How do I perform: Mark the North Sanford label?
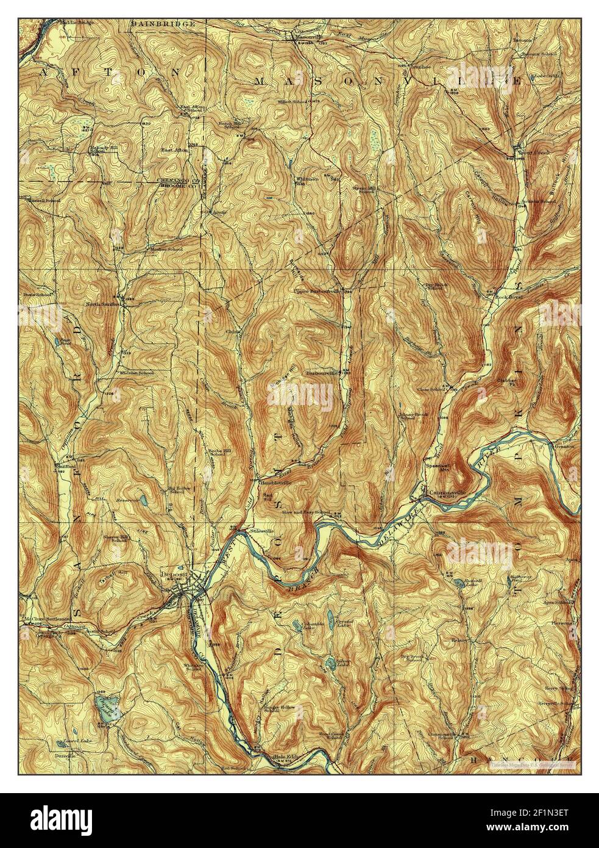101,303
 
